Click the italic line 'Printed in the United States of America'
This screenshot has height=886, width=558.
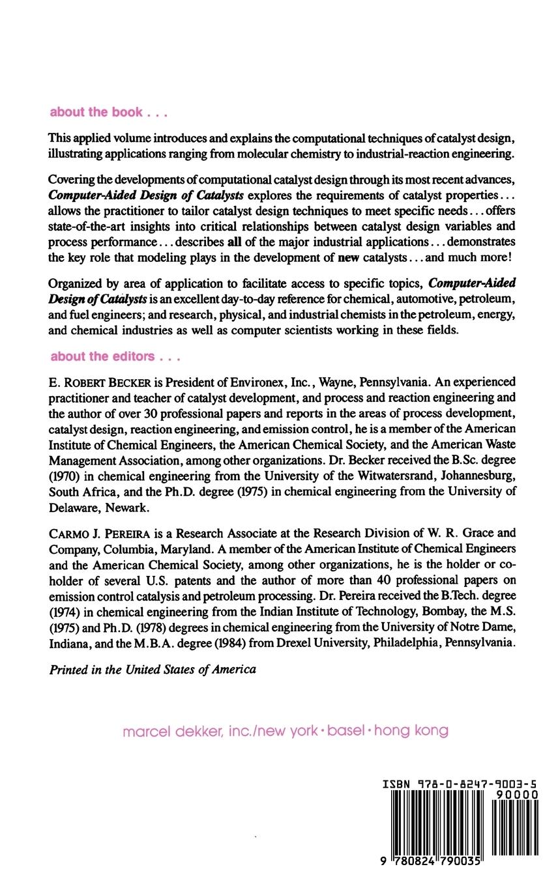pos(153,669)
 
